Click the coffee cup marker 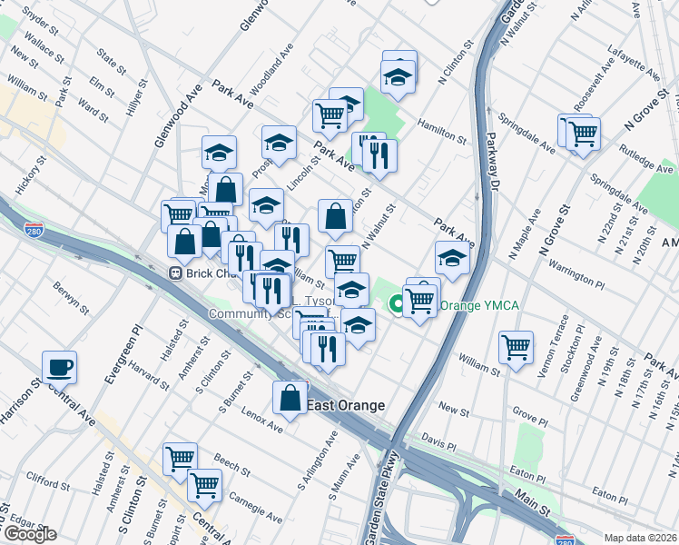coord(60,368)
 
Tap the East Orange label coord(346,405)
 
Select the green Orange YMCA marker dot coord(397,305)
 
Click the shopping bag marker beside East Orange coord(290,398)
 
